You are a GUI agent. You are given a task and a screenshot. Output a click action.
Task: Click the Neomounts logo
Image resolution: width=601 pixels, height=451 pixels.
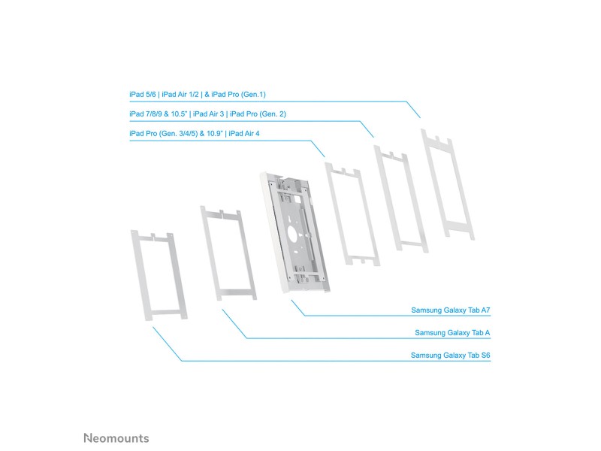(x=116, y=438)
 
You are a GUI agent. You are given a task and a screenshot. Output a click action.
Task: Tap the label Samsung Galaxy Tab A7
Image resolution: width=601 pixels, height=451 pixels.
(x=450, y=310)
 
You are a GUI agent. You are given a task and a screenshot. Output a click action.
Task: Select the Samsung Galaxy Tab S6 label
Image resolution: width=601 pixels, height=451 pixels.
(x=450, y=355)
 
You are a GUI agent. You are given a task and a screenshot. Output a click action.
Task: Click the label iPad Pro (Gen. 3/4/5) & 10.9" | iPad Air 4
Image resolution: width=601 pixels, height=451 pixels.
(x=195, y=134)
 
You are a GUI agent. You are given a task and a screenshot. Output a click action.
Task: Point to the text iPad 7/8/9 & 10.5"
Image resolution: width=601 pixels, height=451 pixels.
(x=158, y=114)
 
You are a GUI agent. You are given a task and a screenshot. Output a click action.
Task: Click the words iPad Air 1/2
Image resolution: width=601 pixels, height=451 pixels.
(x=180, y=95)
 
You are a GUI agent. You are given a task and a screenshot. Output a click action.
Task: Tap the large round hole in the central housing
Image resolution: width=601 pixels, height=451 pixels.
(x=293, y=235)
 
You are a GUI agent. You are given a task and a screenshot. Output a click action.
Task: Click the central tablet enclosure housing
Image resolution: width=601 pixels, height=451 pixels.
(x=294, y=232)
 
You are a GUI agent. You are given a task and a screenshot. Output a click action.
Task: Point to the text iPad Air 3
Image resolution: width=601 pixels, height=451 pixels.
(x=209, y=114)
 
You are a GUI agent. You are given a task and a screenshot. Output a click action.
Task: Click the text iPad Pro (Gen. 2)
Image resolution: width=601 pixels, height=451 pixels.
(x=258, y=114)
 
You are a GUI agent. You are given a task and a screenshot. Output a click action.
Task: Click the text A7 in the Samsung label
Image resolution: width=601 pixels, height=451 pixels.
(x=485, y=310)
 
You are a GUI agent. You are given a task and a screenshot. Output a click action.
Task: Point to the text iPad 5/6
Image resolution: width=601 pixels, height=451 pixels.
(x=143, y=95)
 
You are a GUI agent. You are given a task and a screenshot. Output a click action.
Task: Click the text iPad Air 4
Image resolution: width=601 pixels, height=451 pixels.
(x=244, y=134)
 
